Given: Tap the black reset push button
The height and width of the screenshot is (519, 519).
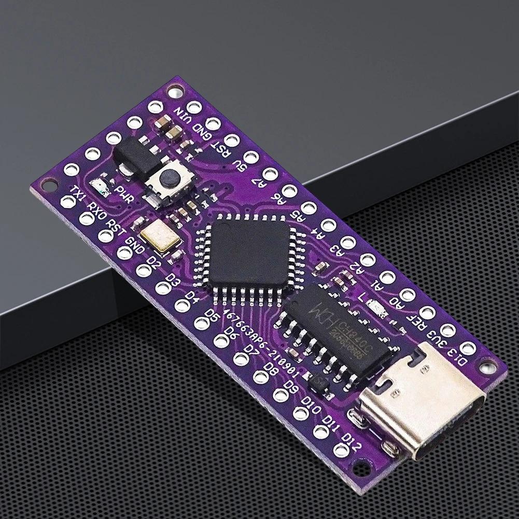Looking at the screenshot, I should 166,179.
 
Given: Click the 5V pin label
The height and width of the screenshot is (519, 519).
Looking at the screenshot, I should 239,165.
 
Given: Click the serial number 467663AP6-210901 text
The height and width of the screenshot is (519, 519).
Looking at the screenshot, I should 259,337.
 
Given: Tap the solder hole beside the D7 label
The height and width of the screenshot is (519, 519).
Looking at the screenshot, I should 241,357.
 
